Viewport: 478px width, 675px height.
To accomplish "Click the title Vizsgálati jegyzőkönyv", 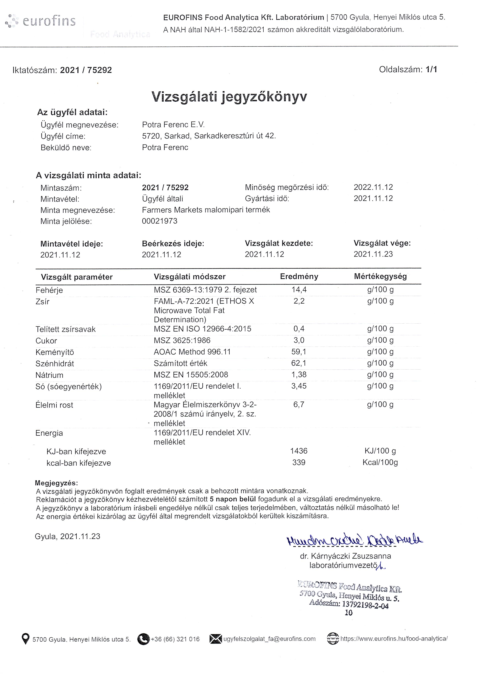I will [x=229, y=96].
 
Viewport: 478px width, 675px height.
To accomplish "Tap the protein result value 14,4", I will [x=299, y=290].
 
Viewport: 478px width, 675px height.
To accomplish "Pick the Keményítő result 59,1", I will [x=299, y=352].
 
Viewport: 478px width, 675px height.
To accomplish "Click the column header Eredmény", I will [x=299, y=277].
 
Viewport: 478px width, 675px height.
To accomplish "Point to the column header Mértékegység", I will [x=380, y=277].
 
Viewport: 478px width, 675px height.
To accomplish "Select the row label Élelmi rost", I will [x=54, y=405].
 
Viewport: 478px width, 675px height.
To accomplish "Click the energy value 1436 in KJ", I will [x=299, y=451].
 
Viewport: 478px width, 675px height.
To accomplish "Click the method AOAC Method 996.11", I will [x=192, y=352].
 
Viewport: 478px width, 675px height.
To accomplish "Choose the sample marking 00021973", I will [x=160, y=221].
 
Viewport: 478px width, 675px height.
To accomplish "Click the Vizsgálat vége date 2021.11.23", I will [x=373, y=254].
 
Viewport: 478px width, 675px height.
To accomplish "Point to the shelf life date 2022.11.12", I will [x=373, y=187].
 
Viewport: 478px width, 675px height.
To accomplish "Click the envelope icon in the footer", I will [x=215, y=639].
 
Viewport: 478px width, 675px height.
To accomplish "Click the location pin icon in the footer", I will [x=26, y=639].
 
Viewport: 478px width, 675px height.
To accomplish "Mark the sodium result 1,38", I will [x=299, y=375].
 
